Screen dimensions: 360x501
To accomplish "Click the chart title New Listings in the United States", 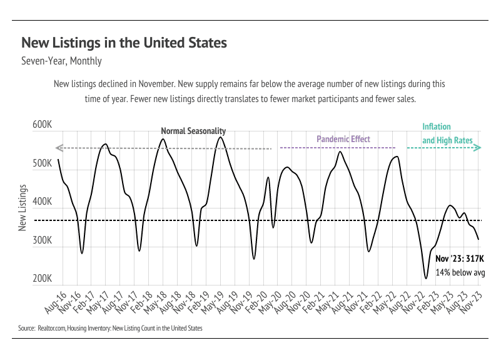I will tap(124, 43).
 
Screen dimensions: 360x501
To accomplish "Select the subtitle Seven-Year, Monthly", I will tap(61, 61).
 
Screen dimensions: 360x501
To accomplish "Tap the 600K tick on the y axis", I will tap(42, 125).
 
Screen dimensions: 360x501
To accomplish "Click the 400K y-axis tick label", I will tap(42, 202).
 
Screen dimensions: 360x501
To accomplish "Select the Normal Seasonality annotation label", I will tap(193, 131).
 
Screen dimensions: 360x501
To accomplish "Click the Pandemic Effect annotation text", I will tap(343, 139).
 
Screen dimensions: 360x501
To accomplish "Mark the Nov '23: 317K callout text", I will tap(460, 258).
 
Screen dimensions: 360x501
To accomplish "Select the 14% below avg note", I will tap(460, 272).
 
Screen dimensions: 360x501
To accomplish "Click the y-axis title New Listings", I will tap(23, 207).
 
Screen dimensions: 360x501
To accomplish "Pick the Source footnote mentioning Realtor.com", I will tap(110, 327).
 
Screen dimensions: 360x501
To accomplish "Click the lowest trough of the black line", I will tap(426, 277).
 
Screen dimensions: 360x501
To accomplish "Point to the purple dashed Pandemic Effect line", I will tap(338, 148).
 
